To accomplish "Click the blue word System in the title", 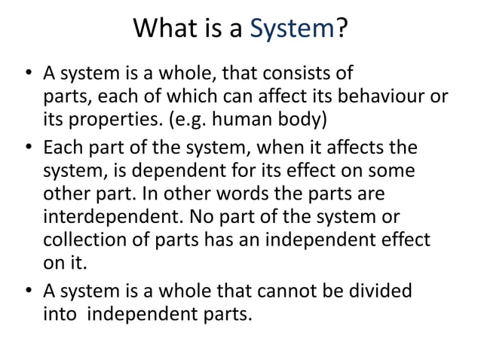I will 292,30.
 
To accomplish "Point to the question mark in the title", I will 342,30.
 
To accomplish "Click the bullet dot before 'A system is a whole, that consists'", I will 27,75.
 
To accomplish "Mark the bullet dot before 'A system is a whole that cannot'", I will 27,291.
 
